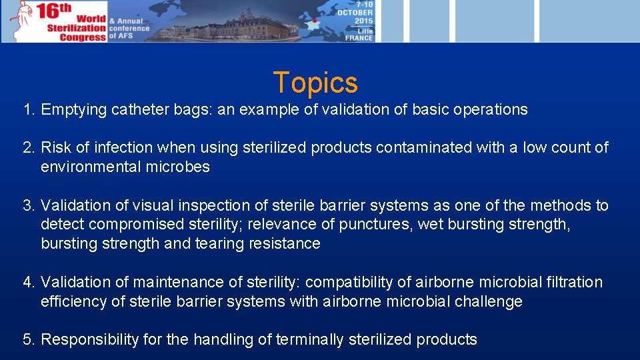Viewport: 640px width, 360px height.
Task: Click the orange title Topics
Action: [x=315, y=83]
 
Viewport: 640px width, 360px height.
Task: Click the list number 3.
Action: [x=28, y=205]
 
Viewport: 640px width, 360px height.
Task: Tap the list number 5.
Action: [x=28, y=340]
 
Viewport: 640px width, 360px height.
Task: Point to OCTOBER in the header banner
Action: [x=355, y=13]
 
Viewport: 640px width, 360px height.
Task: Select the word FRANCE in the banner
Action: [x=359, y=38]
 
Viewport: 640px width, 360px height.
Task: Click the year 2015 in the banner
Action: [x=363, y=21]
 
